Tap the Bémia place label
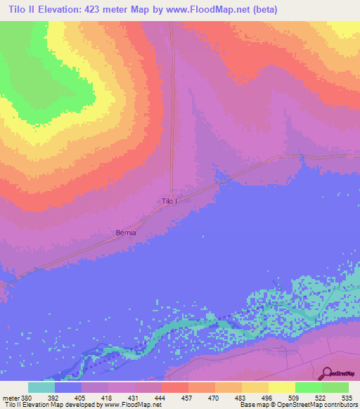point(124,232)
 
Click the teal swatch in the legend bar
point(41,387)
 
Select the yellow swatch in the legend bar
point(281,387)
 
